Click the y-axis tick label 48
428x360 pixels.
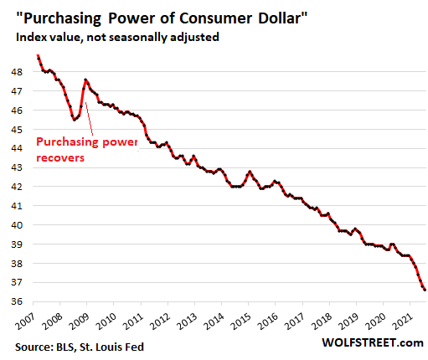[18, 72]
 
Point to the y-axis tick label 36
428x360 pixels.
[18, 302]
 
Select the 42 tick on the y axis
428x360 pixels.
[18, 187]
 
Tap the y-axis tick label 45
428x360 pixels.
[18, 130]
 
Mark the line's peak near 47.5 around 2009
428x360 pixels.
[86, 80]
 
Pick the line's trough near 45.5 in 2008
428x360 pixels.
[75, 120]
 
